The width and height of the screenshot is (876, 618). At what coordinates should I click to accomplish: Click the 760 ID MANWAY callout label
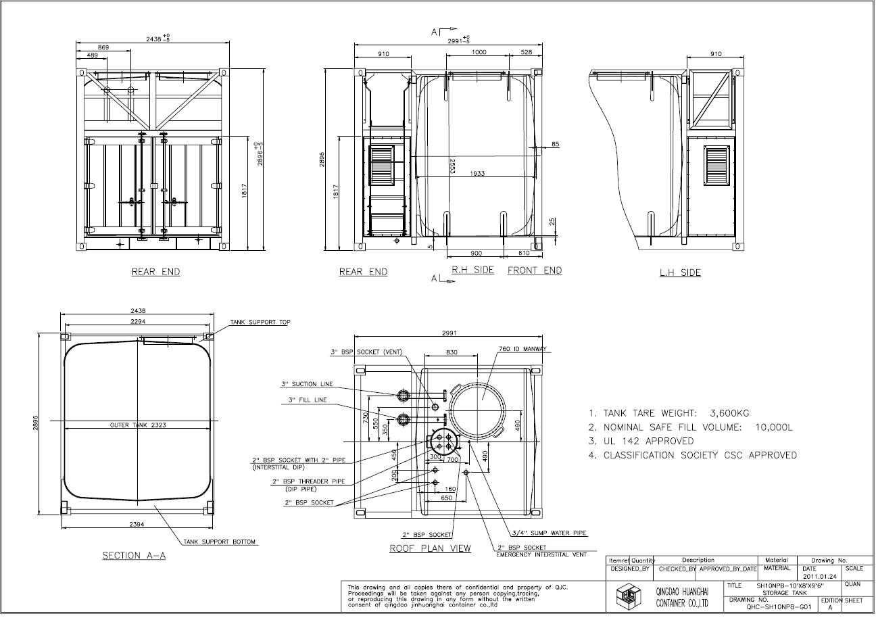coord(522,350)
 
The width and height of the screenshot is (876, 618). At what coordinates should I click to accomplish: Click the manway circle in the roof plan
coord(479,408)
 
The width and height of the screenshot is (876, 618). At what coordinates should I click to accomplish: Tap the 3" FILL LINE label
coord(308,400)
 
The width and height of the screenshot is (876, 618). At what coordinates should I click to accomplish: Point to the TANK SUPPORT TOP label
coord(260,323)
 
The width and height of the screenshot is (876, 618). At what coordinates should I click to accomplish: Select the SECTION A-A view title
coord(134,556)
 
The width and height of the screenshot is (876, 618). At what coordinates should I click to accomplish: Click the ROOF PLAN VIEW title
coord(430,548)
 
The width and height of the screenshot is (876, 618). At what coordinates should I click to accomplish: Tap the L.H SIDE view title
coord(680,272)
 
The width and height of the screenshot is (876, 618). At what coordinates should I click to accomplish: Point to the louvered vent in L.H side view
coord(717,166)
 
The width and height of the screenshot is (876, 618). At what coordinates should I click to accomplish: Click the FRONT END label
coord(534,270)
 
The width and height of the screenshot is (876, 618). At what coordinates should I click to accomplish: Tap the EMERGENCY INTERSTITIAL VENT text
coord(541,554)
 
